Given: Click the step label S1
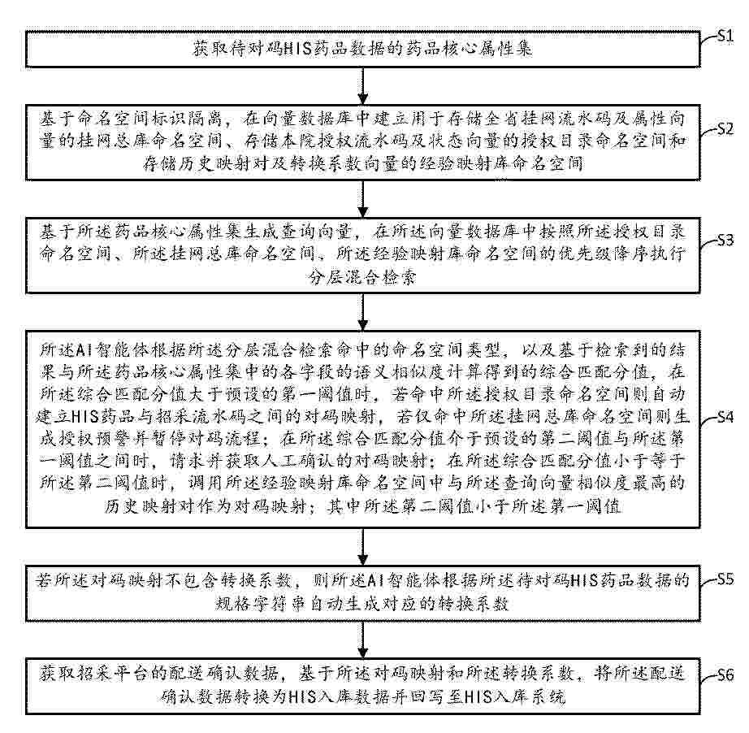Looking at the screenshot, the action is tap(725, 36).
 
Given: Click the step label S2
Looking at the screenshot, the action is tap(725, 128).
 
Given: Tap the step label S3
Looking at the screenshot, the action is tap(725, 240).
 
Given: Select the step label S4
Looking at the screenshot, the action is tap(725, 417).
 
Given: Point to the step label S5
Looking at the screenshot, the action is tap(725, 579).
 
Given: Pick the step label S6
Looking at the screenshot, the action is tap(725, 674).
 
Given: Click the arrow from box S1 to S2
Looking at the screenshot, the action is tap(363, 86).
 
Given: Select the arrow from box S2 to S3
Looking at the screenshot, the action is tap(363, 199).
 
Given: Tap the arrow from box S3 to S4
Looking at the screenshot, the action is tap(363, 312).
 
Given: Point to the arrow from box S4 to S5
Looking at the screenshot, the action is tap(363, 547).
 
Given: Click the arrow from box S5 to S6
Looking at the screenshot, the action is tap(363, 640).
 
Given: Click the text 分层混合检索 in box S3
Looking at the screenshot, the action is tap(363, 277).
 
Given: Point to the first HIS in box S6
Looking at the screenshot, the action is tap(302, 696).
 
